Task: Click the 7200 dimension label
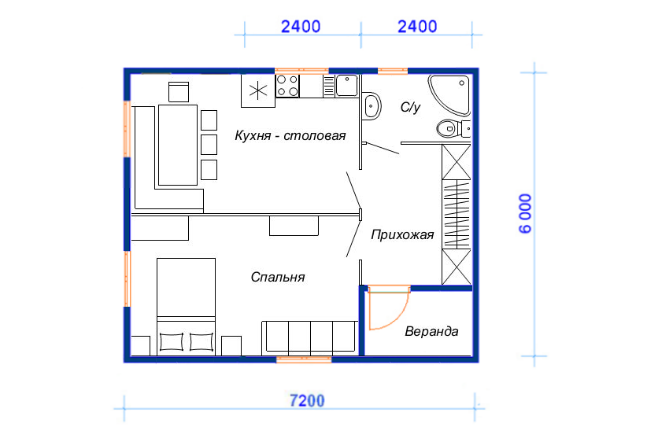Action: tap(307, 400)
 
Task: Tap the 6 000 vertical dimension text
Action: tap(525, 214)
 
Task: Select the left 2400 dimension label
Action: tap(301, 27)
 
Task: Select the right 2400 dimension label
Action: tap(417, 27)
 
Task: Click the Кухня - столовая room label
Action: tap(290, 135)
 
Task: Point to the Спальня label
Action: tap(278, 277)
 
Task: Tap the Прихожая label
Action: tap(402, 234)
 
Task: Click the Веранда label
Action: tap(431, 331)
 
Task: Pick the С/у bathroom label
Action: tap(410, 107)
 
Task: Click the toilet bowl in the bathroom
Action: tap(448, 129)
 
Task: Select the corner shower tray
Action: tap(449, 94)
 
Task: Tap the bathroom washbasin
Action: tap(372, 106)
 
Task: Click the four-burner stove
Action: tap(287, 86)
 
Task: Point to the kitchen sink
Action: tap(346, 86)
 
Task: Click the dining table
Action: tap(178, 145)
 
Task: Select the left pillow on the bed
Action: tap(172, 342)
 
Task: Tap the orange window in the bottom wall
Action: tap(304, 359)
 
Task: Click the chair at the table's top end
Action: tap(179, 91)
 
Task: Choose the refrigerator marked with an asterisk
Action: tap(258, 90)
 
